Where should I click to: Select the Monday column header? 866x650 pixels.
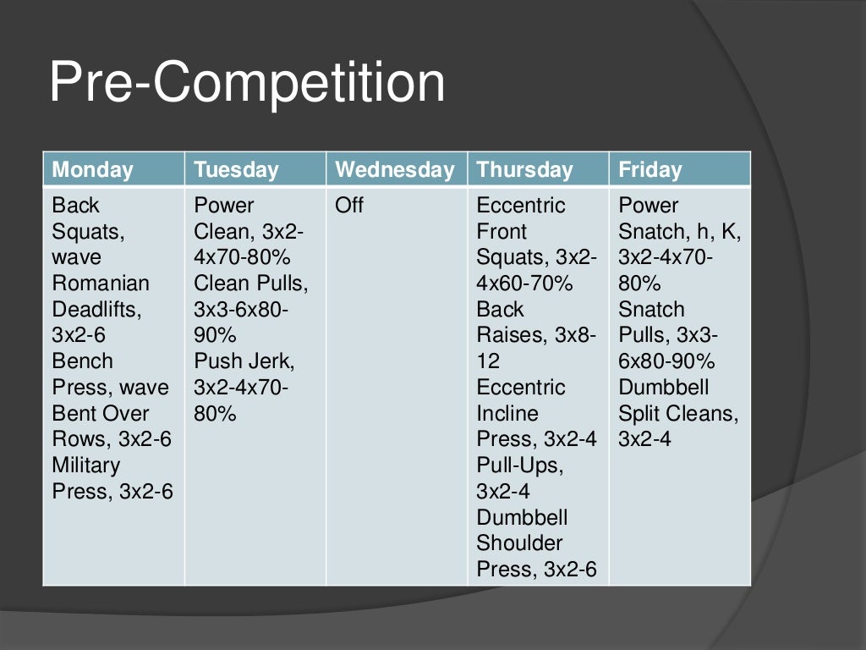tap(93, 170)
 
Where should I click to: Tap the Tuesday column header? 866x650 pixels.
tap(236, 170)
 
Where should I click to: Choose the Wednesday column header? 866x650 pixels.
tap(394, 170)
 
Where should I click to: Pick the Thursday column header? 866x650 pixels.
tap(524, 170)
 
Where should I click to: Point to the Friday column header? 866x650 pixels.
tap(649, 170)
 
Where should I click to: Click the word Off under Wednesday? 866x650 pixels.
tap(349, 206)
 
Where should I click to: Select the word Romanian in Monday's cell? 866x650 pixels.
tap(101, 284)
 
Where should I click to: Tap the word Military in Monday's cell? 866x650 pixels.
tap(86, 465)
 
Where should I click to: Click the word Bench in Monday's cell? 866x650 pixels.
tap(82, 361)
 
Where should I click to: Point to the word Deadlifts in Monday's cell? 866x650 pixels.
tap(96, 310)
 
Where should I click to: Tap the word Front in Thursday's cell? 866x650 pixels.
tap(502, 232)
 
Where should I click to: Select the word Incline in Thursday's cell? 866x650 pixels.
tap(507, 414)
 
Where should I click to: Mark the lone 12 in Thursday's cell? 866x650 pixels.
tap(488, 361)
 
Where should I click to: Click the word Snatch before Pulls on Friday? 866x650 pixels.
tap(651, 310)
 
